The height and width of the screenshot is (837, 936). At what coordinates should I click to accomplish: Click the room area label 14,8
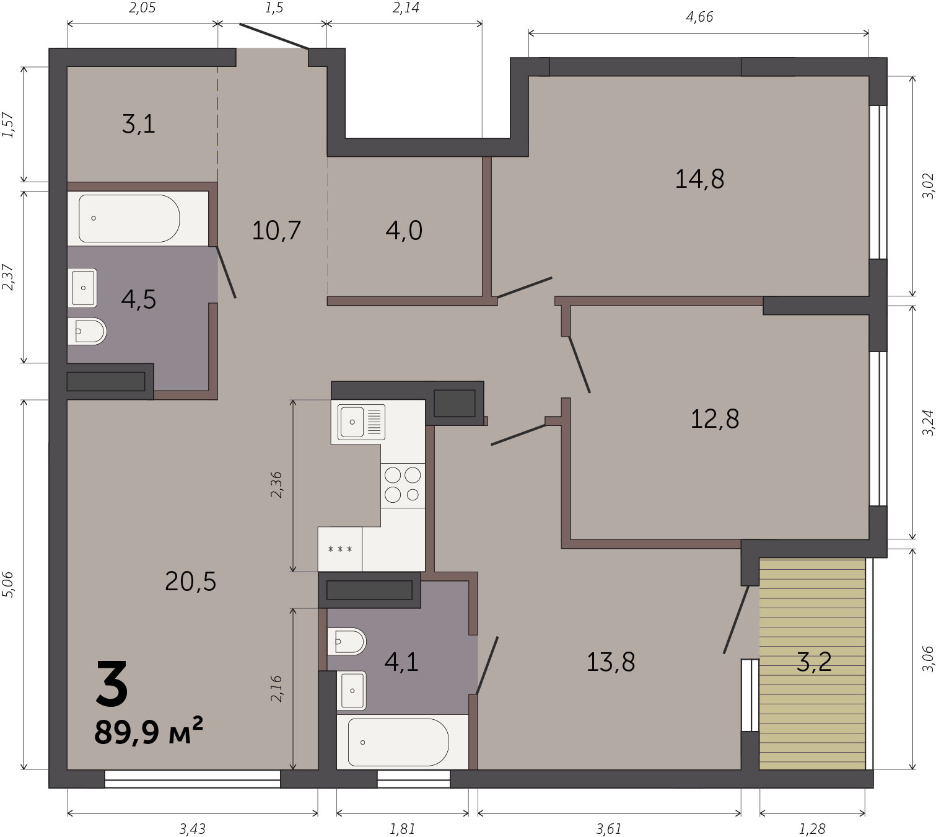tap(699, 179)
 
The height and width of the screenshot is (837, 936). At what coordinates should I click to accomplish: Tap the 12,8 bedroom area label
tap(715, 419)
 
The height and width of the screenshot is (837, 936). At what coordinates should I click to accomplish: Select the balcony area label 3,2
tap(814, 662)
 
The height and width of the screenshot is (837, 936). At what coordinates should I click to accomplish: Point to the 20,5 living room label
tap(190, 582)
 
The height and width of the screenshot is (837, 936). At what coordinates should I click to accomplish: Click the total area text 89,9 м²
tap(149, 731)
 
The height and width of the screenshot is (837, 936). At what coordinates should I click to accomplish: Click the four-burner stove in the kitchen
tap(403, 485)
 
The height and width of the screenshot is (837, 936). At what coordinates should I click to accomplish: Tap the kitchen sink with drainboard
tap(361, 422)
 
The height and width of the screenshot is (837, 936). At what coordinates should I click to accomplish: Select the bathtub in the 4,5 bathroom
tap(129, 218)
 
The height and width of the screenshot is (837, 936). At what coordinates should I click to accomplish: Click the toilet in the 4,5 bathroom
tap(87, 331)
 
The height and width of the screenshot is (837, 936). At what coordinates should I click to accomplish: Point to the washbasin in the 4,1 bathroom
tap(351, 691)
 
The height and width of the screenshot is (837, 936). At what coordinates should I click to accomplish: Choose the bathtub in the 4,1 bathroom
tap(398, 742)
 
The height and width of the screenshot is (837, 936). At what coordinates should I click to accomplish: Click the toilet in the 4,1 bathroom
tap(346, 642)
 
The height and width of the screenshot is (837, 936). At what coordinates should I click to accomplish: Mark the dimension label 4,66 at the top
tap(699, 17)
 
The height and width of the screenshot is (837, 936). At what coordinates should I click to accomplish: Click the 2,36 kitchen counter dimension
tap(276, 485)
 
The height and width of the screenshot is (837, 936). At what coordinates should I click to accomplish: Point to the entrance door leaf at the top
tap(274, 36)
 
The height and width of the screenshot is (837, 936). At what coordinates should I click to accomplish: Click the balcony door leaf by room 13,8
tap(735, 619)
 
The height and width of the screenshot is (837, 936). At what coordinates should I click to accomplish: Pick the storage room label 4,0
tap(404, 230)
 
